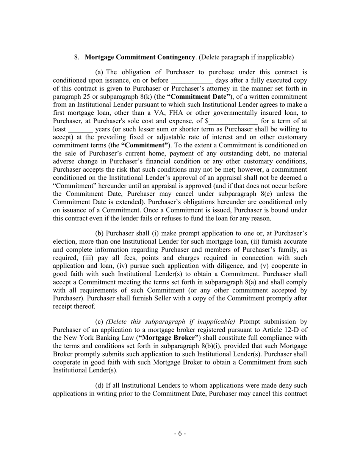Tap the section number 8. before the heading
click(x=77, y=58)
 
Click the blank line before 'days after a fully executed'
click(x=192, y=81)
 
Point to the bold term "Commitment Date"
click(x=199, y=97)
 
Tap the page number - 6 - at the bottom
click(x=180, y=433)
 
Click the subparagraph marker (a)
click(x=99, y=72)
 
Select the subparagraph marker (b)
click(x=100, y=233)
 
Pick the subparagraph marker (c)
click(x=99, y=322)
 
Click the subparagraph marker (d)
click(x=100, y=386)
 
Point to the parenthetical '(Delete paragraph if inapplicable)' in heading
click(x=246, y=58)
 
